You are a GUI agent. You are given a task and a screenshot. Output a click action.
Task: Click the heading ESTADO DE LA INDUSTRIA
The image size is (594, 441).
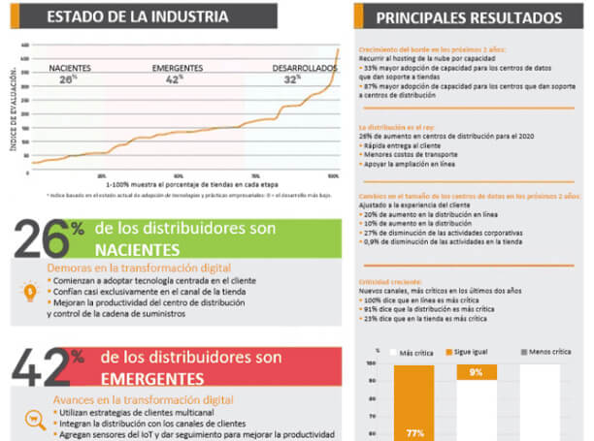point(138,16)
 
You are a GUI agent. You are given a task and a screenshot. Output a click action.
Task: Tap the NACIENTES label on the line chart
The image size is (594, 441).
point(70,68)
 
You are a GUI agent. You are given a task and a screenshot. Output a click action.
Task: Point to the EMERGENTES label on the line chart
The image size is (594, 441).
point(178,68)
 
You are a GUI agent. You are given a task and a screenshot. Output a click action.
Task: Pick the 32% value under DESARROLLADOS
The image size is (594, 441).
point(290,79)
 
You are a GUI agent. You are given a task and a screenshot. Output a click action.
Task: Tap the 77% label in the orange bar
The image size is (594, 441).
point(414,432)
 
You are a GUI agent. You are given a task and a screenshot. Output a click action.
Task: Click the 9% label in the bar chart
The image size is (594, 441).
point(476,372)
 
